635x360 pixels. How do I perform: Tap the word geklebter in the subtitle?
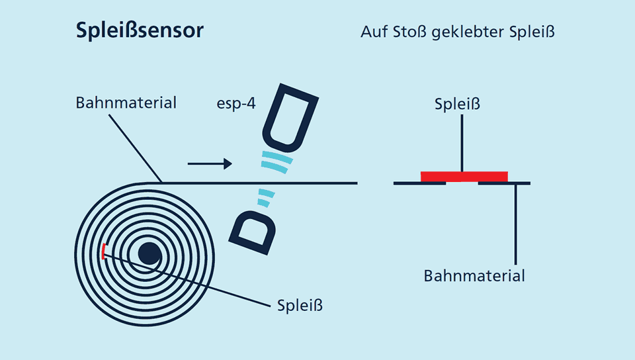[468, 32]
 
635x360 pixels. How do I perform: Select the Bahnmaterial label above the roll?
[126, 103]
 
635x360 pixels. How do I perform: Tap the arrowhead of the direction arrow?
[228, 163]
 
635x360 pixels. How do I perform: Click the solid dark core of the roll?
[149, 254]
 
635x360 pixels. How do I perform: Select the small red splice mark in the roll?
[103, 251]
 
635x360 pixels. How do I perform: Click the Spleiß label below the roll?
[300, 305]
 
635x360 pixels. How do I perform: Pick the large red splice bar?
[464, 177]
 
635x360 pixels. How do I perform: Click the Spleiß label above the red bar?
[457, 104]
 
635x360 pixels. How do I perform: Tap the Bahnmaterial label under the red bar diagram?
[474, 276]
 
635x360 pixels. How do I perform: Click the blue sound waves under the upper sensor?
[277, 161]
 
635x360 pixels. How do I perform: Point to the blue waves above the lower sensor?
[266, 197]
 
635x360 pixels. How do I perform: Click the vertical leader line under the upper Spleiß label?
[462, 143]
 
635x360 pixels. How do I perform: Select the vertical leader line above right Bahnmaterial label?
[515, 224]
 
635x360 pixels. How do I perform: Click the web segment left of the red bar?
[419, 183]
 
